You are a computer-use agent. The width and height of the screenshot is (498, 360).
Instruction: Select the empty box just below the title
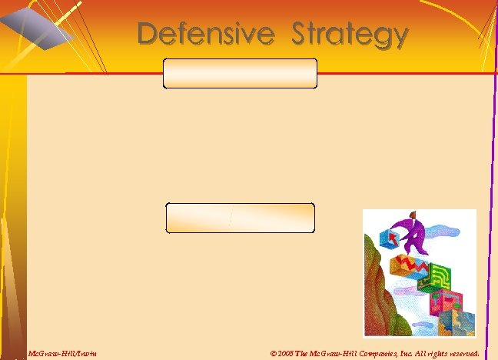pyautogui.click(x=240, y=73)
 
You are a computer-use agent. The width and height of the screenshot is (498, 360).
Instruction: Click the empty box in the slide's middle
pyautogui.click(x=240, y=218)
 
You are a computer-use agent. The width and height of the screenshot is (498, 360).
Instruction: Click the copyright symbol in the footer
pyautogui.click(x=274, y=354)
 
